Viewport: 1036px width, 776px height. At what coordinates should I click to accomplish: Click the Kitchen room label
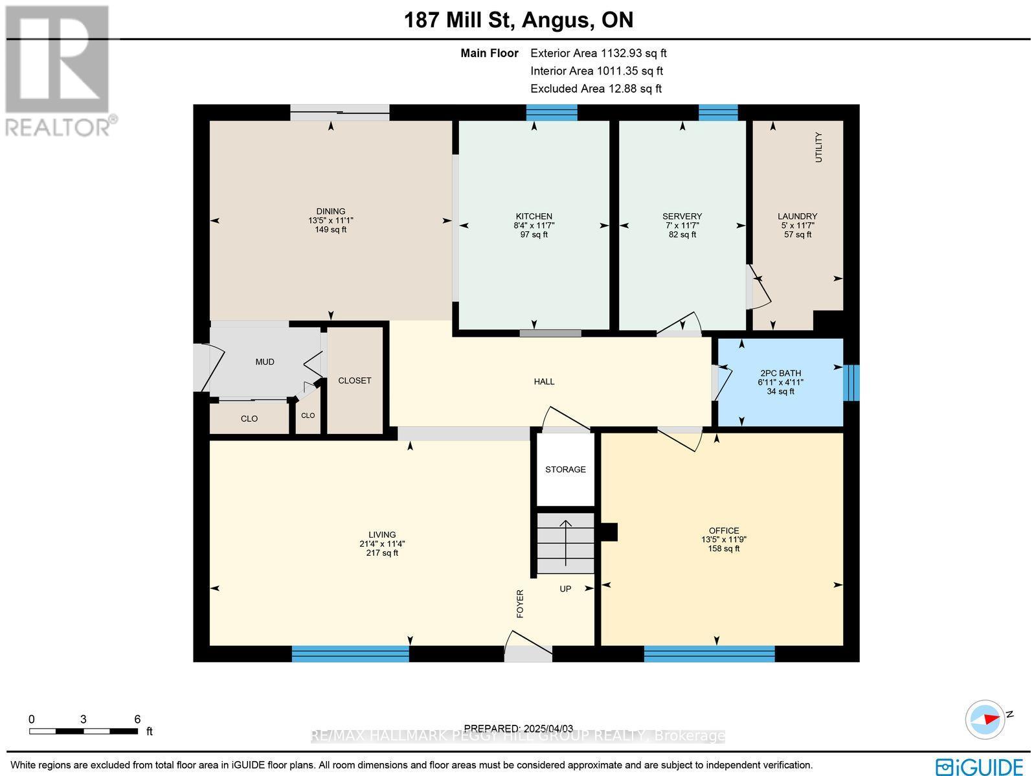pyautogui.click(x=534, y=216)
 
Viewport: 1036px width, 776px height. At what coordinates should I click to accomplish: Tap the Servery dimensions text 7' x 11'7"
pyautogui.click(x=682, y=225)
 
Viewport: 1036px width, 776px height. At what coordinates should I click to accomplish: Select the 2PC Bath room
pyautogui.click(x=780, y=382)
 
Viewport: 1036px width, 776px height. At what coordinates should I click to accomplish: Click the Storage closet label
pyautogui.click(x=565, y=469)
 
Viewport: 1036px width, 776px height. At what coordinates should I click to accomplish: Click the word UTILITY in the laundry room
pyautogui.click(x=818, y=147)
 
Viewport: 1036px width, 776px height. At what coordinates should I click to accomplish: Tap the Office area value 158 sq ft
pyautogui.click(x=723, y=549)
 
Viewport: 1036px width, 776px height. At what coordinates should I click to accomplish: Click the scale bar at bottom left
pyautogui.click(x=84, y=731)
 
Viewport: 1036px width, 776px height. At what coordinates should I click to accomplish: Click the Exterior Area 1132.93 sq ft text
pyautogui.click(x=598, y=54)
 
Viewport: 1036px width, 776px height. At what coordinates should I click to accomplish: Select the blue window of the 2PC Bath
pyautogui.click(x=853, y=382)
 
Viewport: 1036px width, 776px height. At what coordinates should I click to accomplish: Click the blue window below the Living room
pyautogui.click(x=350, y=654)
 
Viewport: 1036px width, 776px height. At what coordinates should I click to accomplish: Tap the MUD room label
pyautogui.click(x=264, y=362)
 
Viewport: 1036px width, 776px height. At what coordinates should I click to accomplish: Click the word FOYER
pyautogui.click(x=519, y=603)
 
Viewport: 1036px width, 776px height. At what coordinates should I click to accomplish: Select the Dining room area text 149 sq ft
pyautogui.click(x=330, y=229)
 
